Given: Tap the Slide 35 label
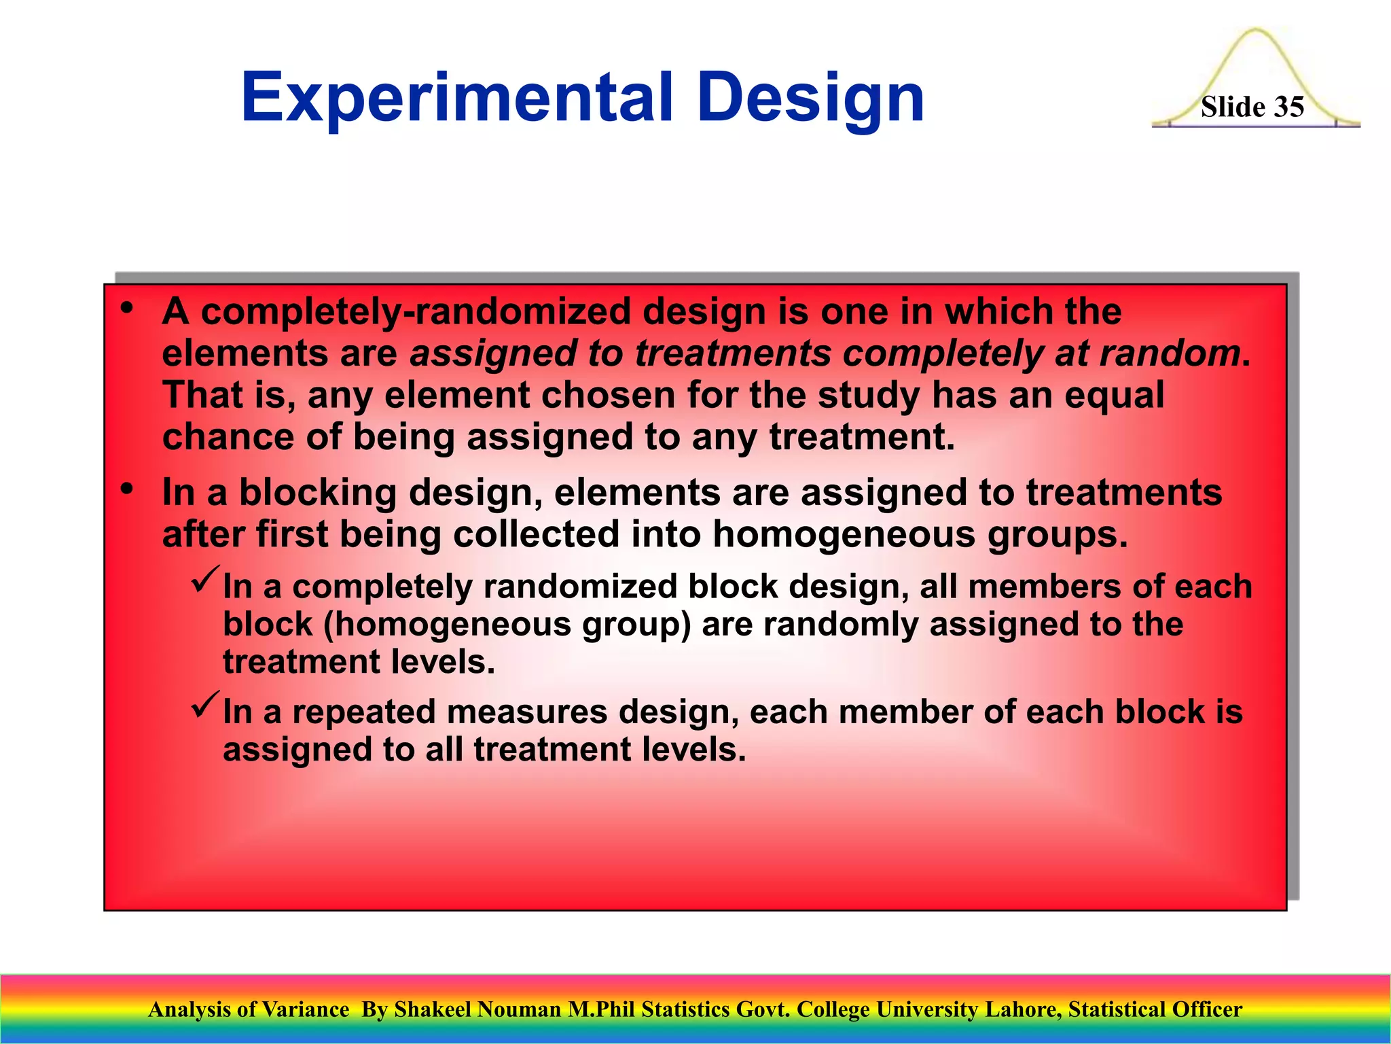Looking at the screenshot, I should [1252, 107].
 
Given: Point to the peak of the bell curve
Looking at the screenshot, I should [1256, 31].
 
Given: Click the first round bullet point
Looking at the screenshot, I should [126, 309].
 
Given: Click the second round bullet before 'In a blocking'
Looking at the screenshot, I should [126, 489].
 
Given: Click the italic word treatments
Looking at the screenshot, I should [732, 353].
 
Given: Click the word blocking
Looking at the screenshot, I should [317, 492].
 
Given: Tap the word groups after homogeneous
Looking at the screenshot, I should [1057, 535].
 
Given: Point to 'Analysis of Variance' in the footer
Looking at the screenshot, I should [249, 1009].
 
